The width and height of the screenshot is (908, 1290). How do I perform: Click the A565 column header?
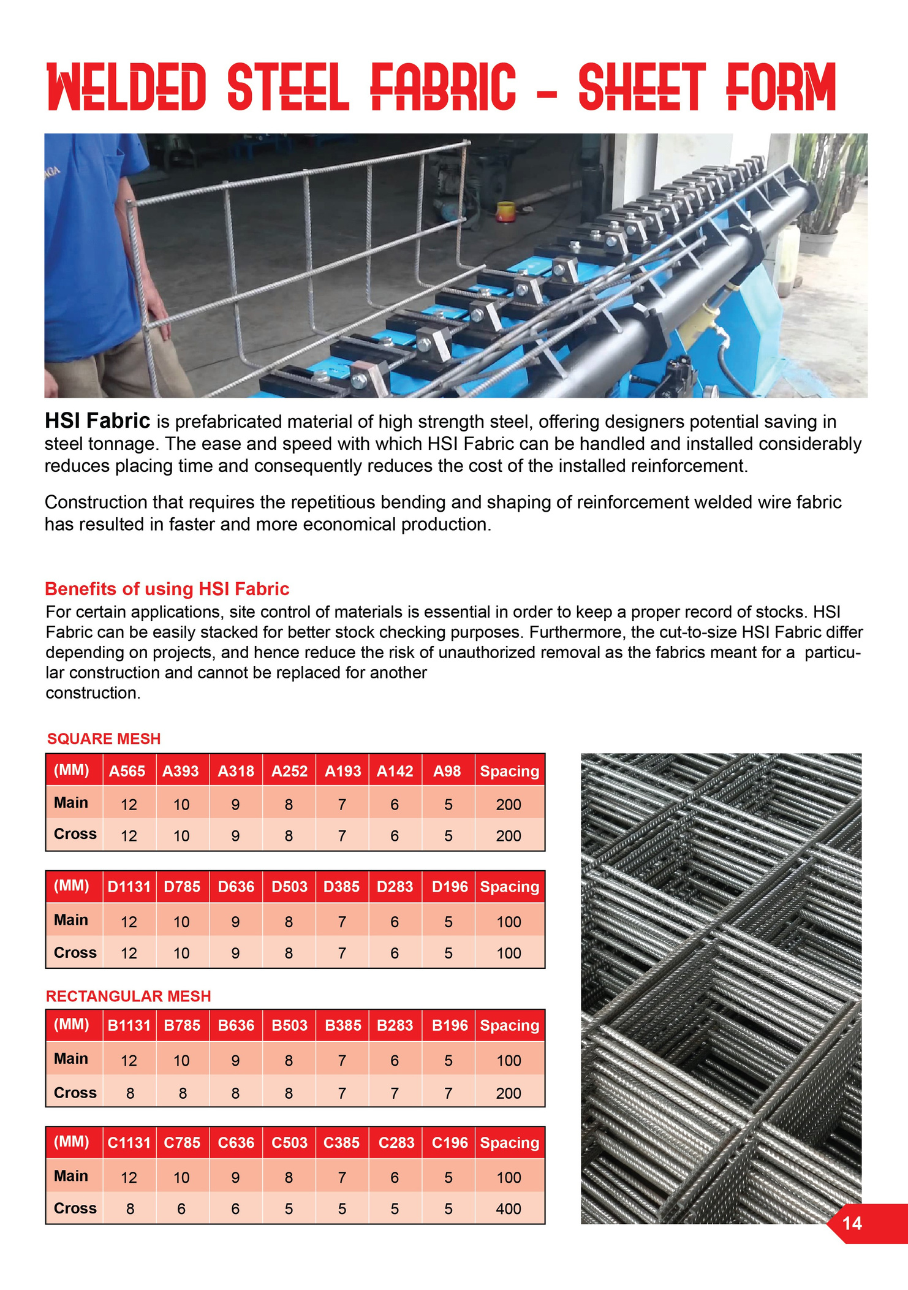(127, 771)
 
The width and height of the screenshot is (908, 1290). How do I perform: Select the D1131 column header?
(129, 887)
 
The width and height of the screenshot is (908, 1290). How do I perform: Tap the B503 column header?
(289, 1025)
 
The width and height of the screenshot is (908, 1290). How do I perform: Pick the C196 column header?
(449, 1142)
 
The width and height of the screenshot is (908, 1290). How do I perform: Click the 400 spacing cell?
(509, 1208)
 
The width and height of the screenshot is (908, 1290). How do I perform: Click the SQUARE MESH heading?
(104, 738)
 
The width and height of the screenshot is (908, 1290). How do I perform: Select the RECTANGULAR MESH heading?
(128, 996)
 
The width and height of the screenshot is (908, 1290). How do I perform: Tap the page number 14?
(852, 1223)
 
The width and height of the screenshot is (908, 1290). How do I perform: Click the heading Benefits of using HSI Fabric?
(167, 589)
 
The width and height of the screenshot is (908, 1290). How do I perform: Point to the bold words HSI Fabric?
(97, 421)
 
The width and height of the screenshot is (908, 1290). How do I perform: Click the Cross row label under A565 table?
(75, 834)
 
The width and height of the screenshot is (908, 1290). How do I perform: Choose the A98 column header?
(447, 771)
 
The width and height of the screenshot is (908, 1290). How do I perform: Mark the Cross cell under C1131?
(130, 1208)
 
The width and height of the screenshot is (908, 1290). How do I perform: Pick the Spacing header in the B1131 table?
(509, 1025)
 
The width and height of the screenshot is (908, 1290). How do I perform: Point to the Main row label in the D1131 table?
(71, 920)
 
